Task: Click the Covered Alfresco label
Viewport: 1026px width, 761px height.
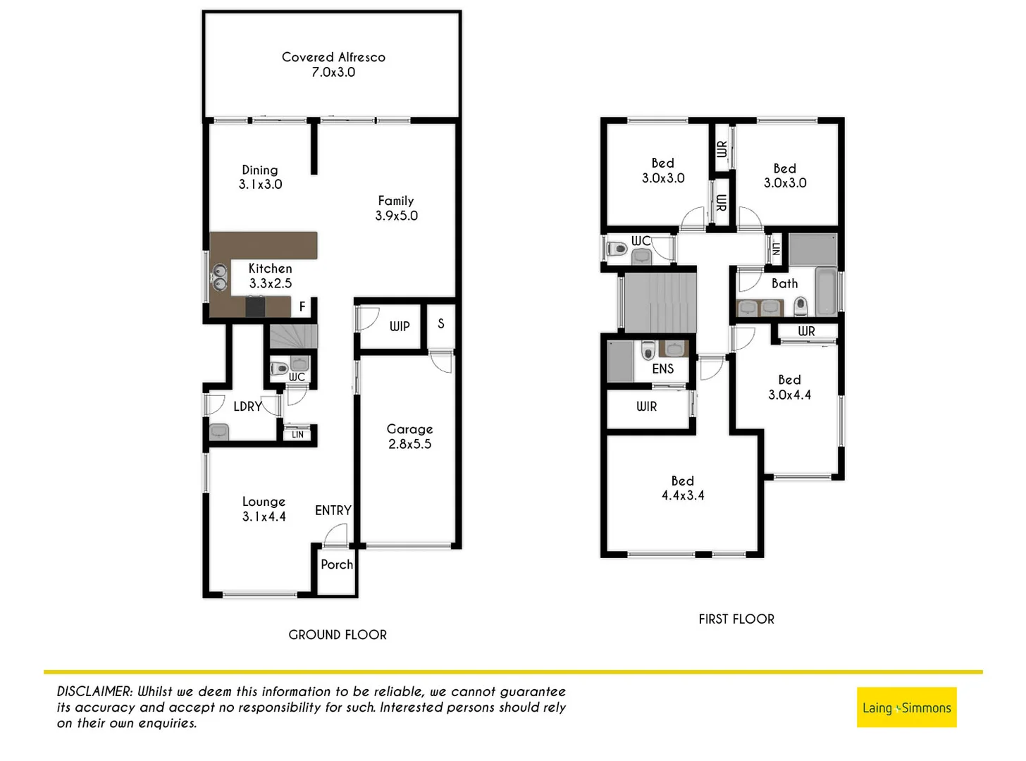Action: pyautogui.click(x=333, y=58)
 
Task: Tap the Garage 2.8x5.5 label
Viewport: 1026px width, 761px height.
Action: pyautogui.click(x=409, y=436)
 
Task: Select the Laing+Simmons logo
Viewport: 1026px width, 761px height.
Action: pyautogui.click(x=906, y=707)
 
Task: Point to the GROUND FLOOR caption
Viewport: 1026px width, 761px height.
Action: pyautogui.click(x=338, y=635)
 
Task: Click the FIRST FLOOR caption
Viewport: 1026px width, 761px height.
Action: pyautogui.click(x=736, y=619)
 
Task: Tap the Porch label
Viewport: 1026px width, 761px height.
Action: pyautogui.click(x=337, y=564)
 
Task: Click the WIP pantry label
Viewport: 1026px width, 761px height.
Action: pyautogui.click(x=400, y=326)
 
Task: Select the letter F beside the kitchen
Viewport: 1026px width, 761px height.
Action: pyautogui.click(x=302, y=307)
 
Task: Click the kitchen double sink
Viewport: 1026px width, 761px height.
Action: pyautogui.click(x=220, y=277)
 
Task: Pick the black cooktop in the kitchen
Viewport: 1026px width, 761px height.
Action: pyautogui.click(x=255, y=307)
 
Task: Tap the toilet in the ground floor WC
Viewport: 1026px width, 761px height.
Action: pyautogui.click(x=280, y=368)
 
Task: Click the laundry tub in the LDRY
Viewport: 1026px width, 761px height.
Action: pyautogui.click(x=219, y=431)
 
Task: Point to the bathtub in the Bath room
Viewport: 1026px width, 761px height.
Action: pyautogui.click(x=826, y=291)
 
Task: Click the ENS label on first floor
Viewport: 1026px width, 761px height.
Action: pyautogui.click(x=662, y=369)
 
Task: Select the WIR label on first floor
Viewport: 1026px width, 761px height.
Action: pyautogui.click(x=646, y=407)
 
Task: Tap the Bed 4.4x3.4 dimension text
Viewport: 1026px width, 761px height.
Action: pyautogui.click(x=682, y=495)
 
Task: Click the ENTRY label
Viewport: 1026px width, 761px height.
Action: pyautogui.click(x=333, y=510)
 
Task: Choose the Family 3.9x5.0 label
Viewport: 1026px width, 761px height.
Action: pyautogui.click(x=396, y=209)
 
